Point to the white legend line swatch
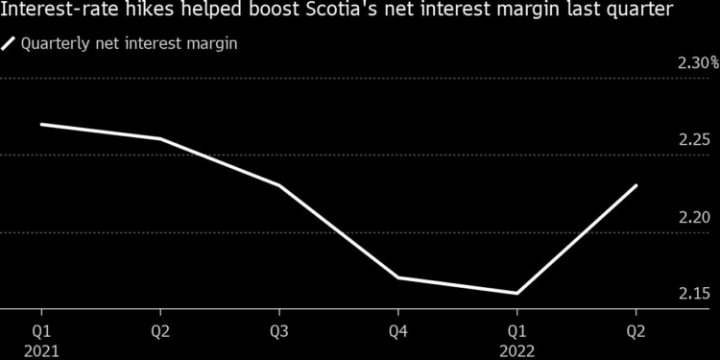coord(10,43)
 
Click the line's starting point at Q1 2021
coord(41,124)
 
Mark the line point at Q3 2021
coord(279,185)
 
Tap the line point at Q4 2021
coord(398,277)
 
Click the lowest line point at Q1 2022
coord(516,293)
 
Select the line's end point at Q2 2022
coord(636,185)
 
